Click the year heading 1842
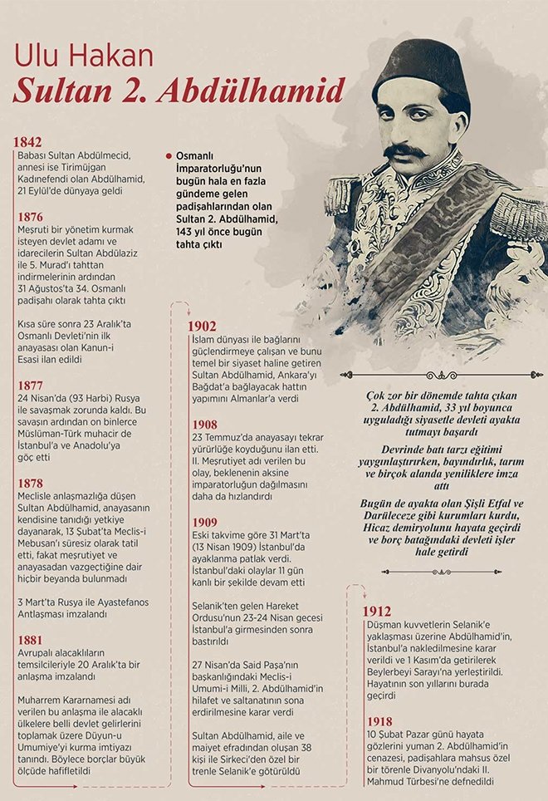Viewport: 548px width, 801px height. click(x=27, y=141)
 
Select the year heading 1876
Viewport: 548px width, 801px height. click(x=27, y=216)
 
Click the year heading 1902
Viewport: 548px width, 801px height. click(x=203, y=325)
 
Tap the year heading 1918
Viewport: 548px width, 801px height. click(x=378, y=721)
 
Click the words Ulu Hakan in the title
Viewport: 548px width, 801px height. click(x=83, y=57)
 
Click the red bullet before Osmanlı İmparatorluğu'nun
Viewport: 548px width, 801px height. click(x=169, y=155)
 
